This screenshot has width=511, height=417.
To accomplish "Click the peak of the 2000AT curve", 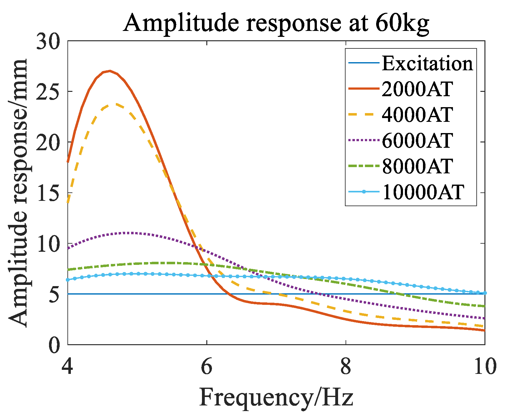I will tap(110, 71).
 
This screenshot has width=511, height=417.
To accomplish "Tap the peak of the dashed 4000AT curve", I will tap(116, 104).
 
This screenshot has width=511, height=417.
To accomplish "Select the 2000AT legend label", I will tap(417, 89).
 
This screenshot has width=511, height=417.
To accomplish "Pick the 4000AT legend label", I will tap(417, 115).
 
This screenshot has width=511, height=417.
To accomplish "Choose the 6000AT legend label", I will tap(417, 141).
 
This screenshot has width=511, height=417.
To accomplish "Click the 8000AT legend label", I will tap(417, 166).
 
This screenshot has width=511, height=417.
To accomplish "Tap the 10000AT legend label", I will tap(423, 192).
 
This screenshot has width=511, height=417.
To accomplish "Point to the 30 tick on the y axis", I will tap(48, 41).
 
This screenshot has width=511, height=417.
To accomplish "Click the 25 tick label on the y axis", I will tap(48, 92).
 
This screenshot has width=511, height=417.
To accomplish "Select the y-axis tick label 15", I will tap(48, 193).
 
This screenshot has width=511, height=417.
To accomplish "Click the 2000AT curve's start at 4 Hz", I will tap(68, 162).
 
